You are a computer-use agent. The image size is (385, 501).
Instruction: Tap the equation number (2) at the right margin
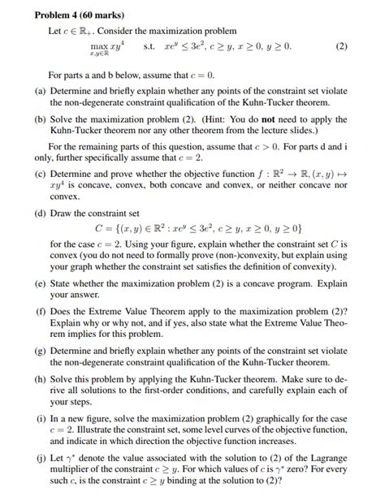[341, 46]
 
